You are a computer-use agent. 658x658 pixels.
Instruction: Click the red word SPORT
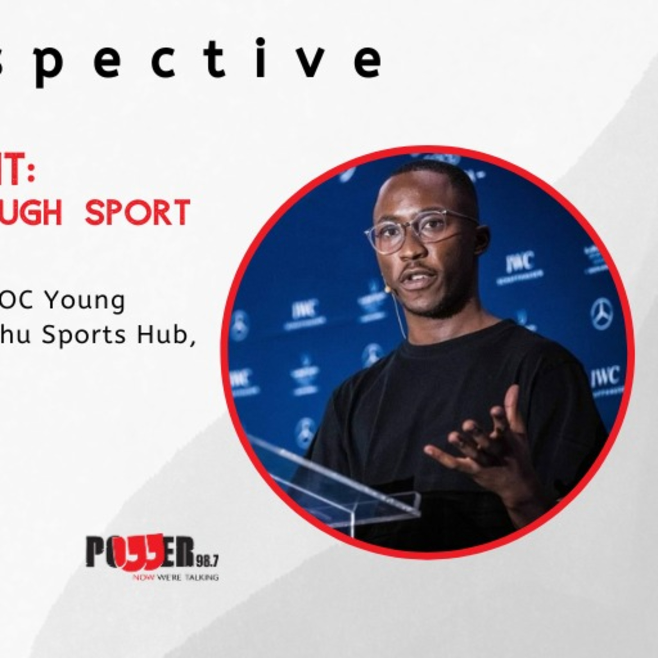click(137, 213)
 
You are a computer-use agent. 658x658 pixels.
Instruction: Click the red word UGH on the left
click(31, 213)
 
